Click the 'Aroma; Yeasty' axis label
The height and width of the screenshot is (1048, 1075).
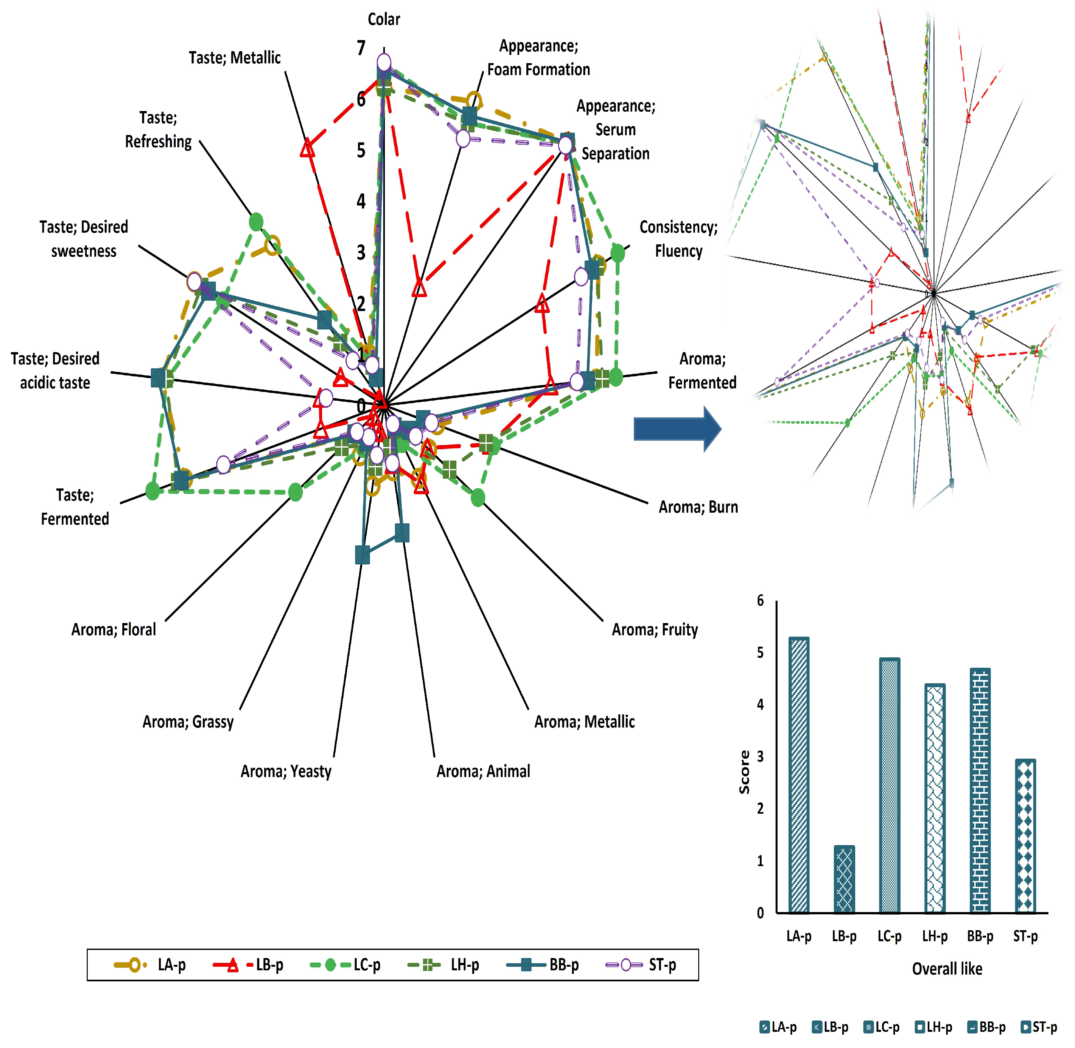286,771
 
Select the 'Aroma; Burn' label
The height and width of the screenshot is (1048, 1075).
698,507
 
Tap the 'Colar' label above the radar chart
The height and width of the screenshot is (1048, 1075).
384,19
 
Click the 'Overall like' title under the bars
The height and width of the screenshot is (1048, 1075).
947,969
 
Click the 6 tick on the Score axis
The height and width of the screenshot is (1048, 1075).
760,600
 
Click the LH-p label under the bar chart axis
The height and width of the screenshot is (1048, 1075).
935,936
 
